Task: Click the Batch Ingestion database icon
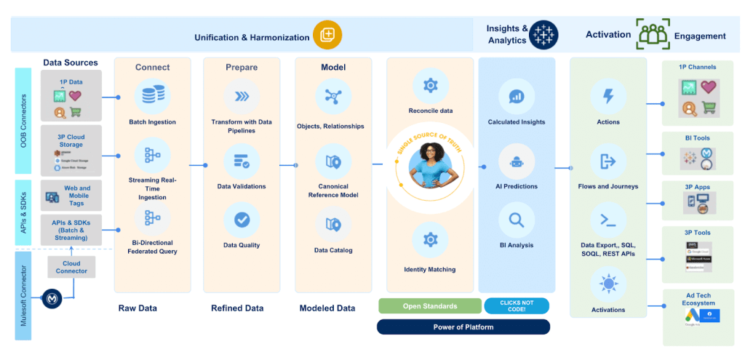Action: pos(153,96)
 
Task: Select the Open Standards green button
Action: pos(430,305)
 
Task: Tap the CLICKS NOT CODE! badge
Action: pos(517,305)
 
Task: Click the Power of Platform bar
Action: pos(463,327)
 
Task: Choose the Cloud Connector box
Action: pos(71,266)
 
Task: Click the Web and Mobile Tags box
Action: pos(71,196)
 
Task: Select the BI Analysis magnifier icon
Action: pos(517,220)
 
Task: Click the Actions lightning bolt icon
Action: pos(608,97)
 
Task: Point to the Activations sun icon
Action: pos(608,284)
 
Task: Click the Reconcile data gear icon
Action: pos(430,86)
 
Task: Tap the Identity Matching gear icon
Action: pos(430,239)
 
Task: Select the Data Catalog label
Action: pos(333,251)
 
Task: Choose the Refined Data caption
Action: pos(237,308)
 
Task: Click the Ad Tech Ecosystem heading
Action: pos(698,298)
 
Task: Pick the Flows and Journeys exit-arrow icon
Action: pos(608,161)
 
